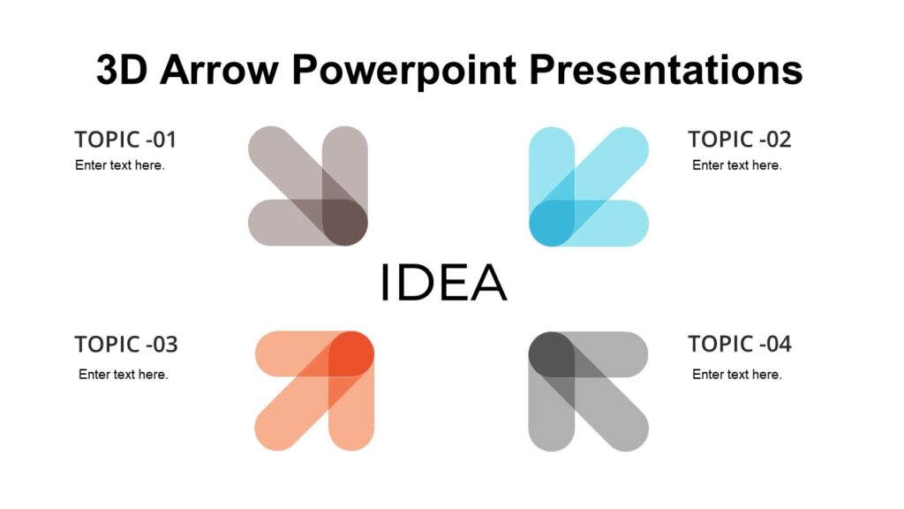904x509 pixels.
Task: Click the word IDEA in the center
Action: (x=443, y=282)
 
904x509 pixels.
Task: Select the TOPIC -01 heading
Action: (x=125, y=140)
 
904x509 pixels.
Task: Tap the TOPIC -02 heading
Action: (x=739, y=140)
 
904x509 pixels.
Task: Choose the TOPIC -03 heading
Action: (x=125, y=344)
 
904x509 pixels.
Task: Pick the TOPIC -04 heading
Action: (x=739, y=344)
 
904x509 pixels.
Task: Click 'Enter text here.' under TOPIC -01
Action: (x=120, y=165)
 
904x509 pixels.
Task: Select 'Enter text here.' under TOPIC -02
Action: (x=736, y=165)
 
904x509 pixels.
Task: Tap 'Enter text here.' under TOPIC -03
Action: (x=124, y=375)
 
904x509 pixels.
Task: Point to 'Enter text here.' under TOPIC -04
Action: (x=736, y=375)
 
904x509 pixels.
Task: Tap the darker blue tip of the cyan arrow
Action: (x=551, y=223)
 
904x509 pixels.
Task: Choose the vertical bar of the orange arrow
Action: (x=351, y=415)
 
